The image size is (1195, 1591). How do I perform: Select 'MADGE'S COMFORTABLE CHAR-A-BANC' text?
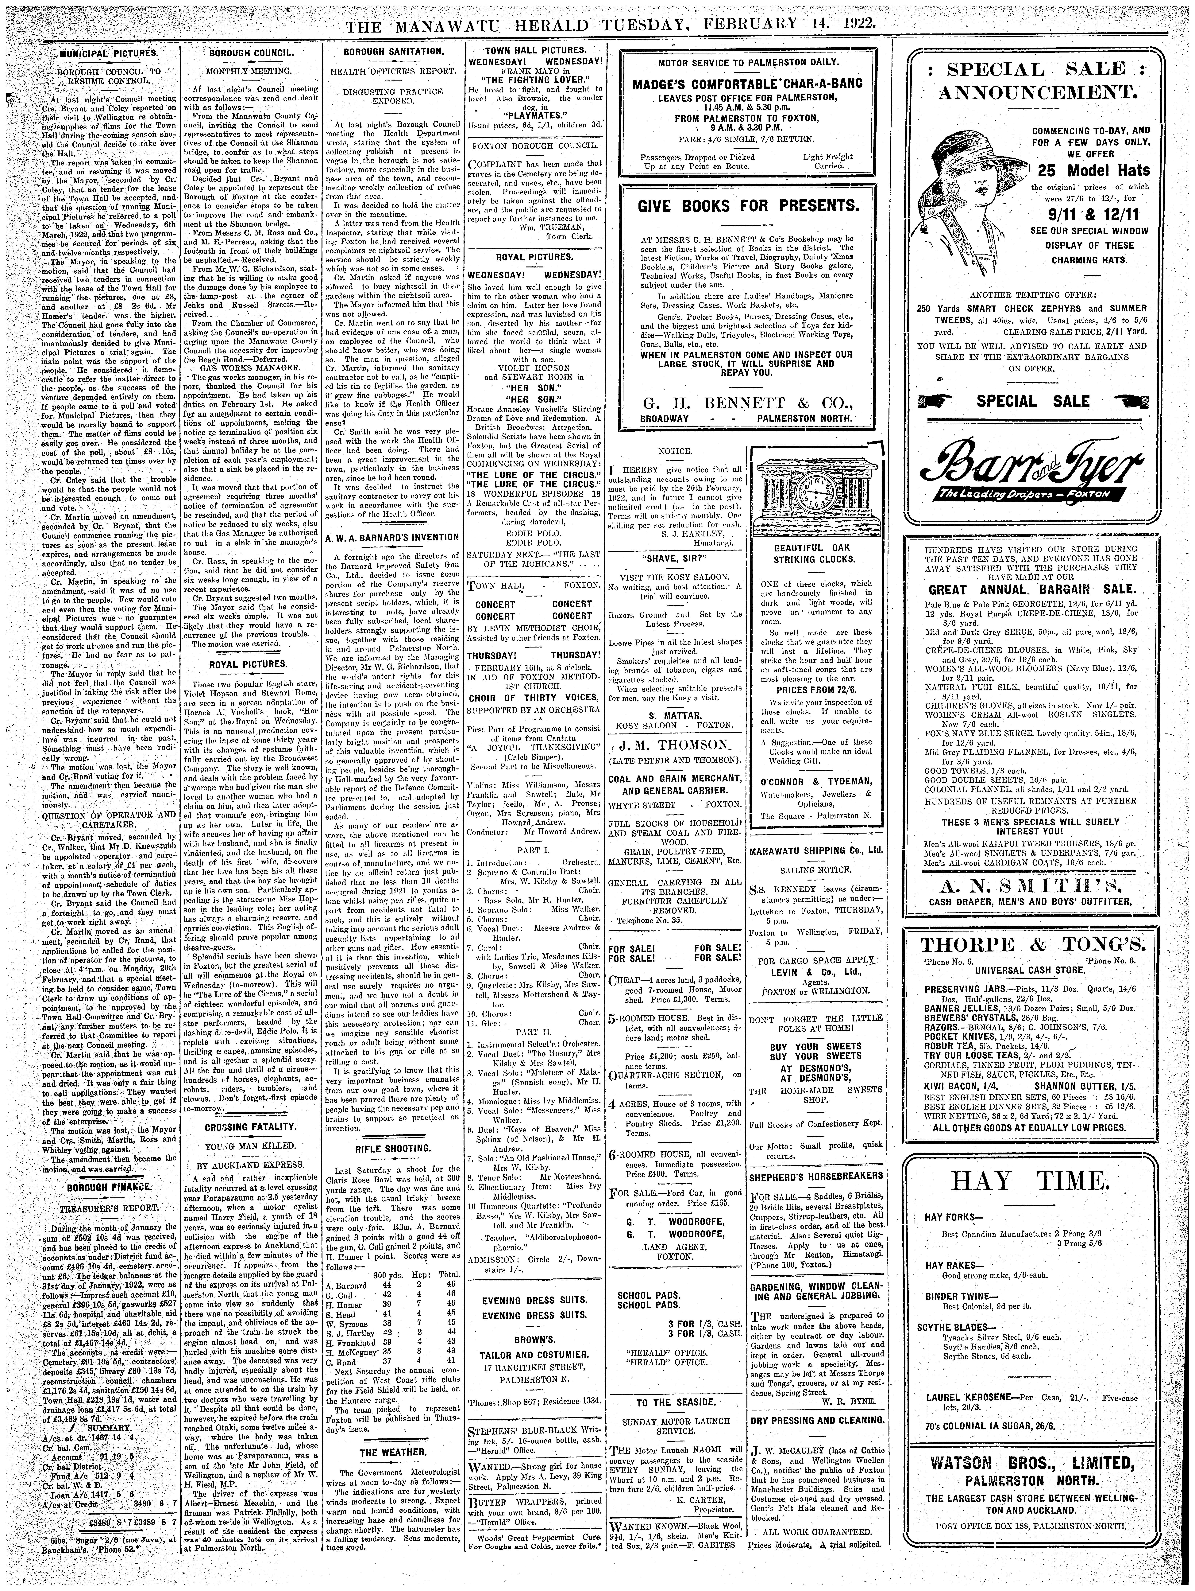(749, 84)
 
